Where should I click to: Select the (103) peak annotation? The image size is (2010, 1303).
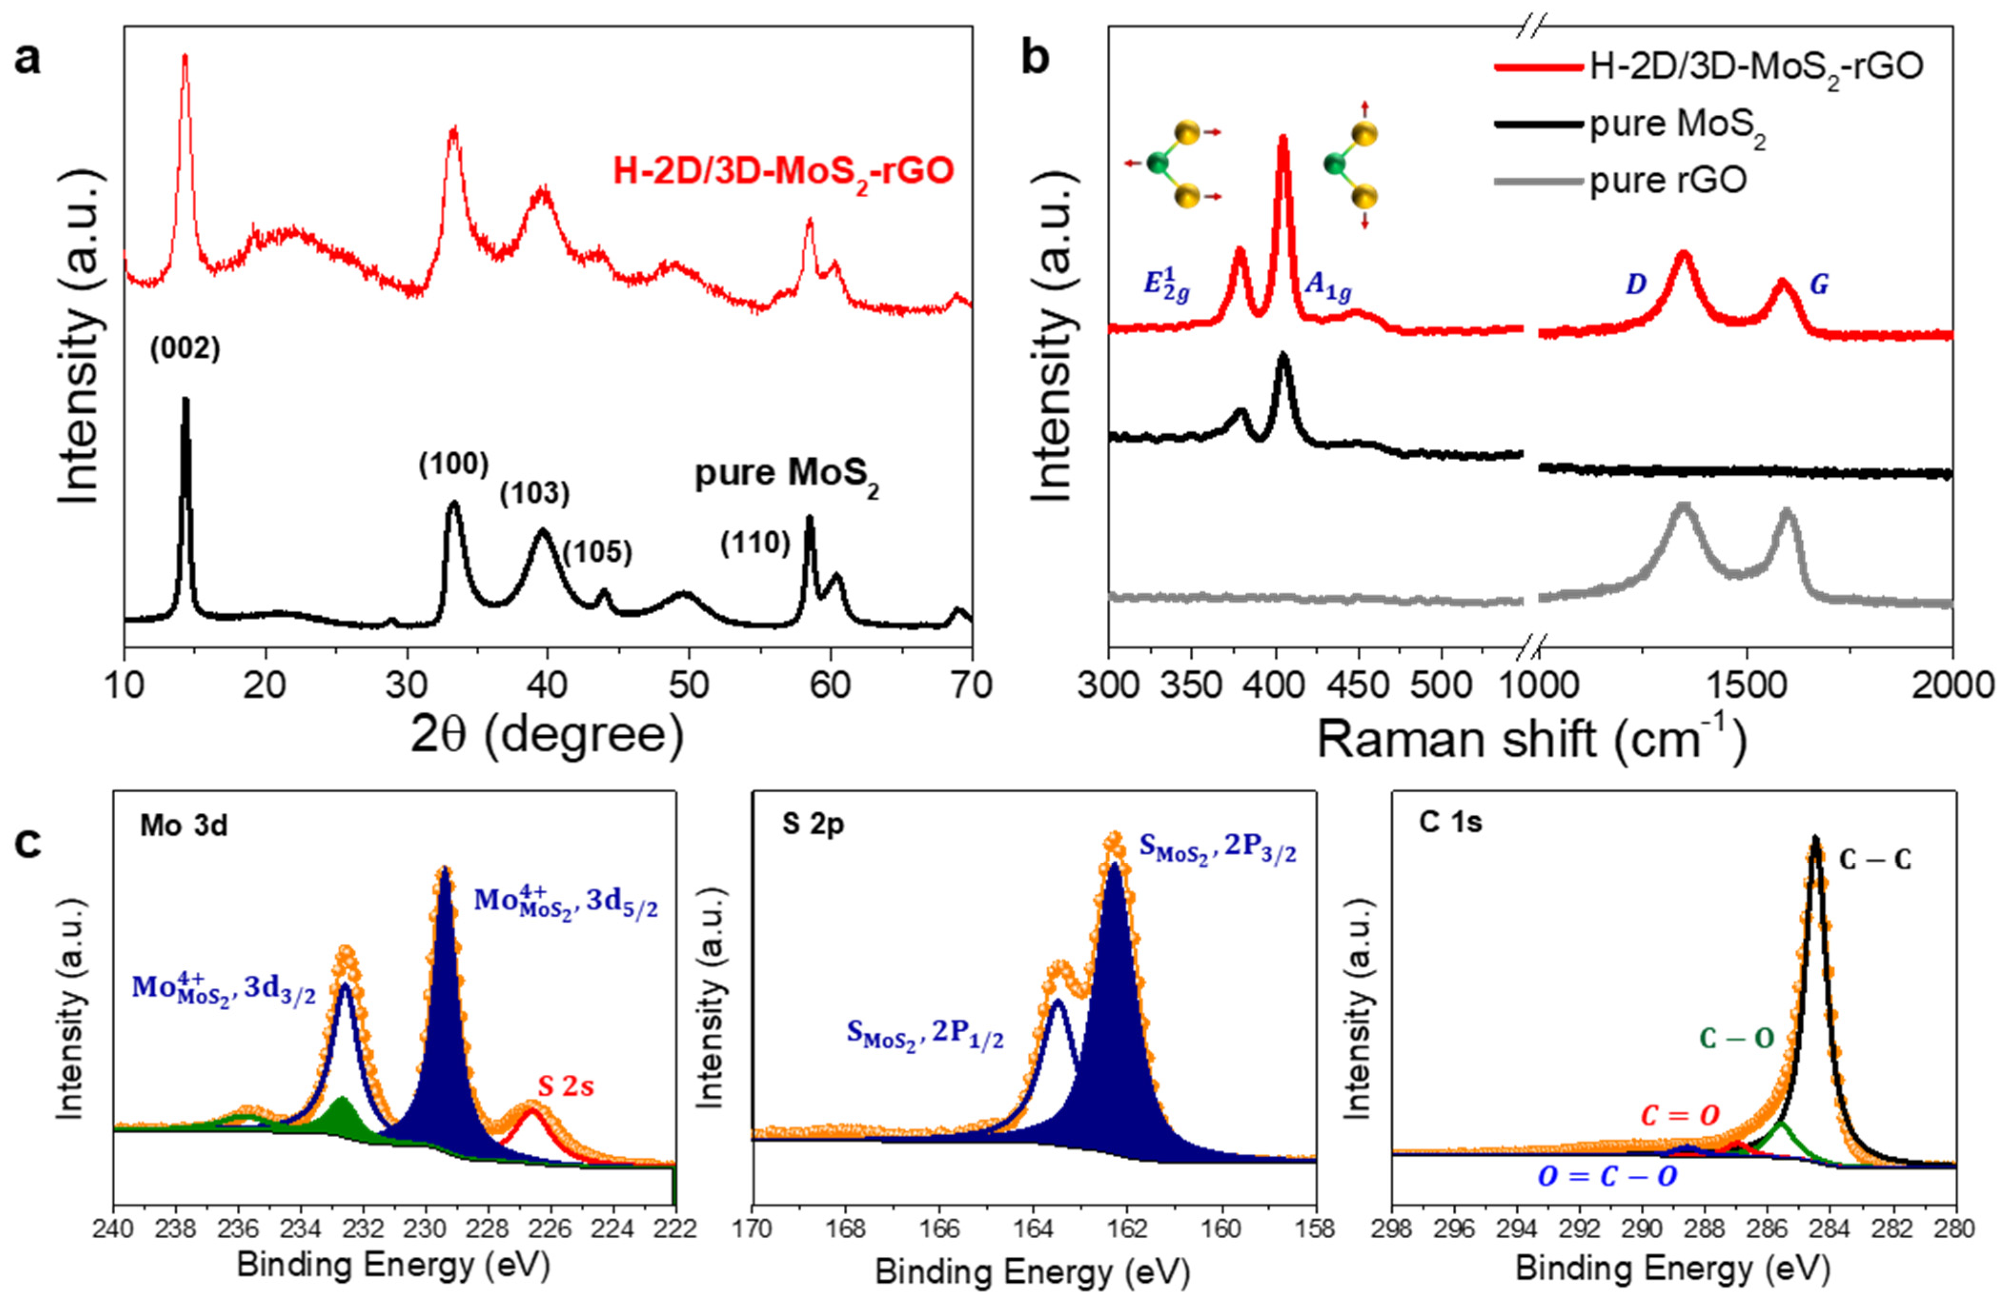point(535,494)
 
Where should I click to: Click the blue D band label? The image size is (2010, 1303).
point(1636,284)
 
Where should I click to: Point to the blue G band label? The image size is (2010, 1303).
point(1819,284)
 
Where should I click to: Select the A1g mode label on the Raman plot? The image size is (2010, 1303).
point(1328,287)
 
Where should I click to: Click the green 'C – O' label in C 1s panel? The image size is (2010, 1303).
point(1737,1039)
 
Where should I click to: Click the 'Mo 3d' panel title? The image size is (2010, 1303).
point(184,825)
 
